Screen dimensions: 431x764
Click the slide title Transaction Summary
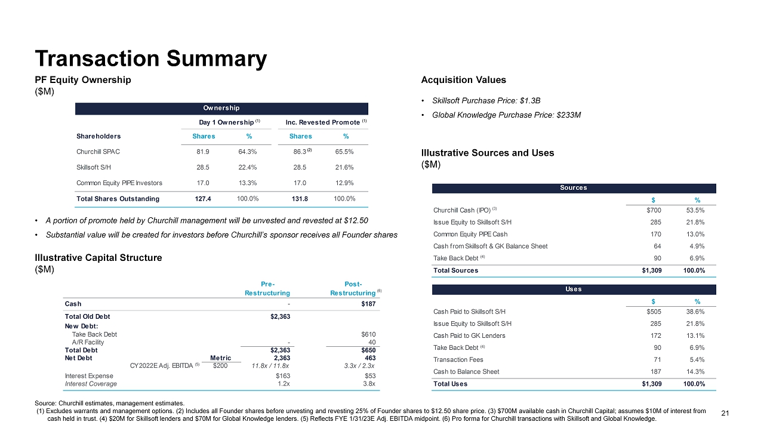click(151, 59)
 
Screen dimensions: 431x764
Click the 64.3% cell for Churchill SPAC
click(241, 152)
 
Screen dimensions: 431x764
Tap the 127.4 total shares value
click(202, 198)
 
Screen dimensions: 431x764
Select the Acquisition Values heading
click(463, 80)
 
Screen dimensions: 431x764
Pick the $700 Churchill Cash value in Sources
click(654, 210)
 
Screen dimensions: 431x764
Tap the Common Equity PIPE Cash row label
click(471, 234)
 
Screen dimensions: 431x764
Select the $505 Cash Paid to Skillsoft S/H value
click(654, 312)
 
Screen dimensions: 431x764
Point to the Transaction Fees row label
click(458, 359)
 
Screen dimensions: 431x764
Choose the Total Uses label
click(450, 384)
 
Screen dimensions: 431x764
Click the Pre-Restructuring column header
click(267, 288)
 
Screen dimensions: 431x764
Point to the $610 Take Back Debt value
click(368, 334)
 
